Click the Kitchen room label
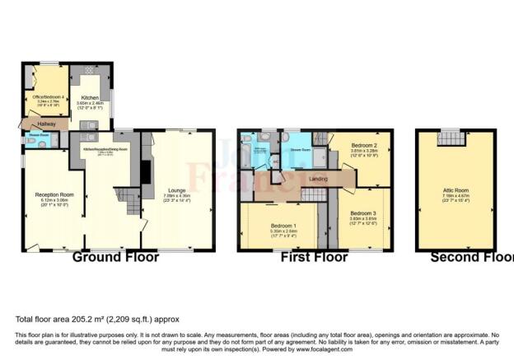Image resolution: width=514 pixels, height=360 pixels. click(x=90, y=96)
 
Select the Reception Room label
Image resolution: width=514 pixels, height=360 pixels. click(x=51, y=194)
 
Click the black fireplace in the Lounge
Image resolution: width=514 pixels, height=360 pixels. click(x=147, y=172)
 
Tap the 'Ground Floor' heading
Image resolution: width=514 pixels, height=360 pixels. click(x=115, y=257)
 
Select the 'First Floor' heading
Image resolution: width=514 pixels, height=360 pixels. click(x=314, y=257)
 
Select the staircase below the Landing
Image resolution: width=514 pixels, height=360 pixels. click(x=313, y=194)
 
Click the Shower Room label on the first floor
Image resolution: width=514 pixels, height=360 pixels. click(x=297, y=150)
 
